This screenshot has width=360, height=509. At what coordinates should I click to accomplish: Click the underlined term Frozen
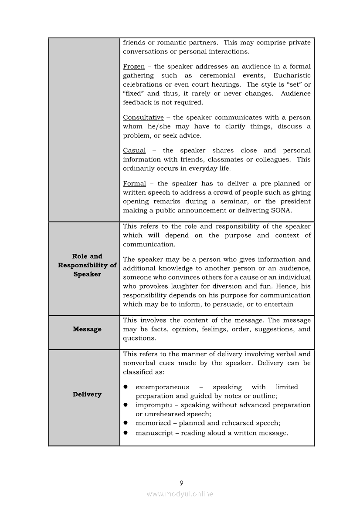click(134, 67)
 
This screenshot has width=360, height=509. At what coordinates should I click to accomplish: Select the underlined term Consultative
click(143, 118)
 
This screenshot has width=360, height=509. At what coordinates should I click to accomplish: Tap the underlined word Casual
click(134, 150)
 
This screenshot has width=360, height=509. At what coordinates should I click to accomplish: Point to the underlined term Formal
click(134, 184)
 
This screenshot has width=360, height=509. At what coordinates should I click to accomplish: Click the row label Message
click(87, 329)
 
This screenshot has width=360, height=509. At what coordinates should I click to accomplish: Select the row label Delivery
click(87, 394)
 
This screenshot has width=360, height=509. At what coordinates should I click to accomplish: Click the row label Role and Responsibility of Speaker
click(87, 265)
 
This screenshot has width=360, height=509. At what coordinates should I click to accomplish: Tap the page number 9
click(181, 483)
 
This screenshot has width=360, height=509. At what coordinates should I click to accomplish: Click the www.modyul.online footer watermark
click(180, 494)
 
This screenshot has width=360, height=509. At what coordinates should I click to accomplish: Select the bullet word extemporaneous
click(163, 387)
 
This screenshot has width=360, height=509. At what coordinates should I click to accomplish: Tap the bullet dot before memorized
click(125, 423)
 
